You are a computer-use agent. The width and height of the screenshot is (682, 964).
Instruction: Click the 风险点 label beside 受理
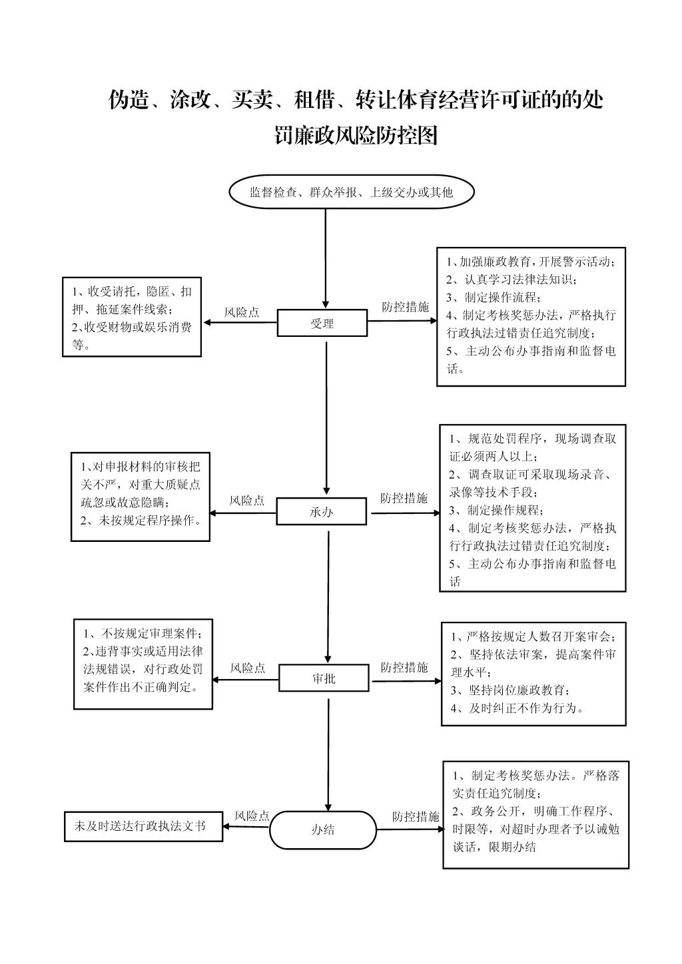click(x=242, y=312)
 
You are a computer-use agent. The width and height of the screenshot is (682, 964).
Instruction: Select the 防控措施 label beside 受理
click(x=406, y=306)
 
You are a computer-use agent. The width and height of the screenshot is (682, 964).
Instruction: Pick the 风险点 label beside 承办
click(x=246, y=500)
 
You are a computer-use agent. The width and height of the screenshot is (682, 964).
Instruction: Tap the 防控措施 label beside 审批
click(x=404, y=667)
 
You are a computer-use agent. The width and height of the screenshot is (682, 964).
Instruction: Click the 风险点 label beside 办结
click(x=252, y=816)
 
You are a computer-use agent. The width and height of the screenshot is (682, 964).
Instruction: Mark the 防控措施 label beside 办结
click(x=416, y=816)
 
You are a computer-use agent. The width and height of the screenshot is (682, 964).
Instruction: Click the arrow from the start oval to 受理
click(x=326, y=259)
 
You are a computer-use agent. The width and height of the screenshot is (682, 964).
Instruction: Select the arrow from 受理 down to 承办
click(x=326, y=418)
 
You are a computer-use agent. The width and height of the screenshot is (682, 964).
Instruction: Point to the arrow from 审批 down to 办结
click(x=328, y=755)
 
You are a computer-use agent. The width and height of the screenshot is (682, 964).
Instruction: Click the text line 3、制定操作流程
click(x=494, y=297)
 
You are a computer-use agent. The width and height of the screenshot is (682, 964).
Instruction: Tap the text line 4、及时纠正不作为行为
click(x=517, y=708)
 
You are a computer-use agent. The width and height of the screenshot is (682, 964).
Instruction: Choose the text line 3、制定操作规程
click(x=496, y=510)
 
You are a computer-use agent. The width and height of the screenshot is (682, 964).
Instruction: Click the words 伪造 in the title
click(x=129, y=99)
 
